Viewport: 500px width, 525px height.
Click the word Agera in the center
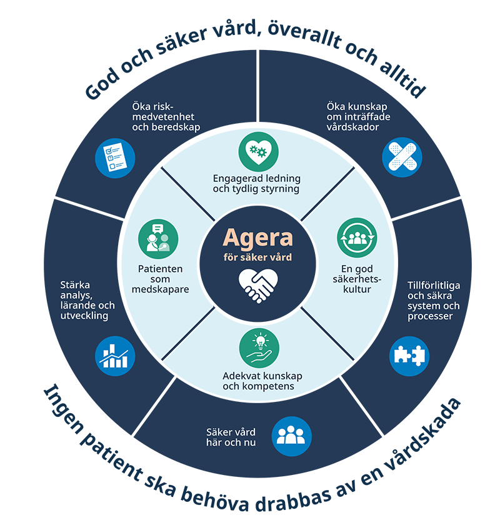[257, 237]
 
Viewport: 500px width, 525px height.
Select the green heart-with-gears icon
[259, 151]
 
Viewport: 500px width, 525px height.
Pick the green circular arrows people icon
[357, 238]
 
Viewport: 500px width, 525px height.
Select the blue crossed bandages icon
[402, 157]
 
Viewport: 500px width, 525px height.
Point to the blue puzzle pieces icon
[409, 356]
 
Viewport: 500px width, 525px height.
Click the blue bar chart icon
[115, 356]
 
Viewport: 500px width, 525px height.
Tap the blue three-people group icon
[291, 436]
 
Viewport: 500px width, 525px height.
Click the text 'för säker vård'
[257, 257]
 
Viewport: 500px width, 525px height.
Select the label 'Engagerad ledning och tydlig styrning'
[257, 183]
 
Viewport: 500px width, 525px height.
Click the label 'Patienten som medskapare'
[159, 279]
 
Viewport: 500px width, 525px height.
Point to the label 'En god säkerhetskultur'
[357, 279]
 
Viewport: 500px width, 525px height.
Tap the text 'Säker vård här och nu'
[231, 437]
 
